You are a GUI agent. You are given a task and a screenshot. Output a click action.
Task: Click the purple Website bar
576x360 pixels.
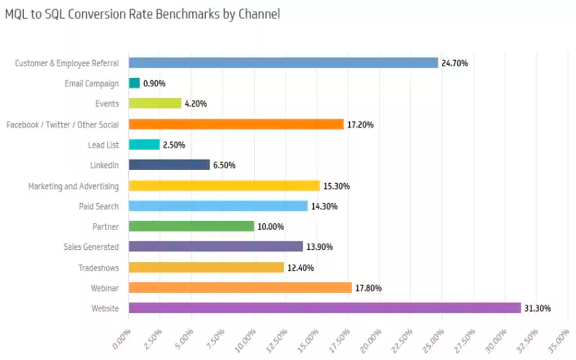pyautogui.click(x=325, y=308)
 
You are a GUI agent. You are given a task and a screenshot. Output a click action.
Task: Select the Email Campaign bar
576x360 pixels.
pyautogui.click(x=134, y=83)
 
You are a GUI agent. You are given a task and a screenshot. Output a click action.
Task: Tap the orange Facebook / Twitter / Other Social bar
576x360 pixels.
pyautogui.click(x=236, y=124)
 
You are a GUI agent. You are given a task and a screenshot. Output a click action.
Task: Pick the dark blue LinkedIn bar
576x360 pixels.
pyautogui.click(x=169, y=165)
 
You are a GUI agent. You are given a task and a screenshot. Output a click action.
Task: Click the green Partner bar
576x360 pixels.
pyautogui.click(x=191, y=227)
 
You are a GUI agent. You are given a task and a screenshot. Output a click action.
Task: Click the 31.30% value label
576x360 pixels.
pyautogui.click(x=537, y=309)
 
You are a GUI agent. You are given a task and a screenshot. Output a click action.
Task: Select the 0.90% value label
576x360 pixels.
pyautogui.click(x=154, y=83)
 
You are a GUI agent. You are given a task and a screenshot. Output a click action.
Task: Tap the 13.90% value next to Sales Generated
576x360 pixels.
pyautogui.click(x=320, y=247)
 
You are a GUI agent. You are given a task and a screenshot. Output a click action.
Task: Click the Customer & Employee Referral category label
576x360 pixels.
pyautogui.click(x=67, y=63)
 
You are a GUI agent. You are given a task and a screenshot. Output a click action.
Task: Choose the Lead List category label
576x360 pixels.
pyautogui.click(x=104, y=145)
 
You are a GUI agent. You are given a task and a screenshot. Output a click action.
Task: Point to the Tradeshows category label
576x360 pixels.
pyautogui.click(x=99, y=268)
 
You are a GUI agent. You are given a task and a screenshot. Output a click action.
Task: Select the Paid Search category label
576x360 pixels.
pyautogui.click(x=99, y=206)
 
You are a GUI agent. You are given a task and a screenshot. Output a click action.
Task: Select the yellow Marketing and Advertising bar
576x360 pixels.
pyautogui.click(x=224, y=186)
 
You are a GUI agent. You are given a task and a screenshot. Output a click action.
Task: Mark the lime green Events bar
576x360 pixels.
pyautogui.click(x=155, y=103)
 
